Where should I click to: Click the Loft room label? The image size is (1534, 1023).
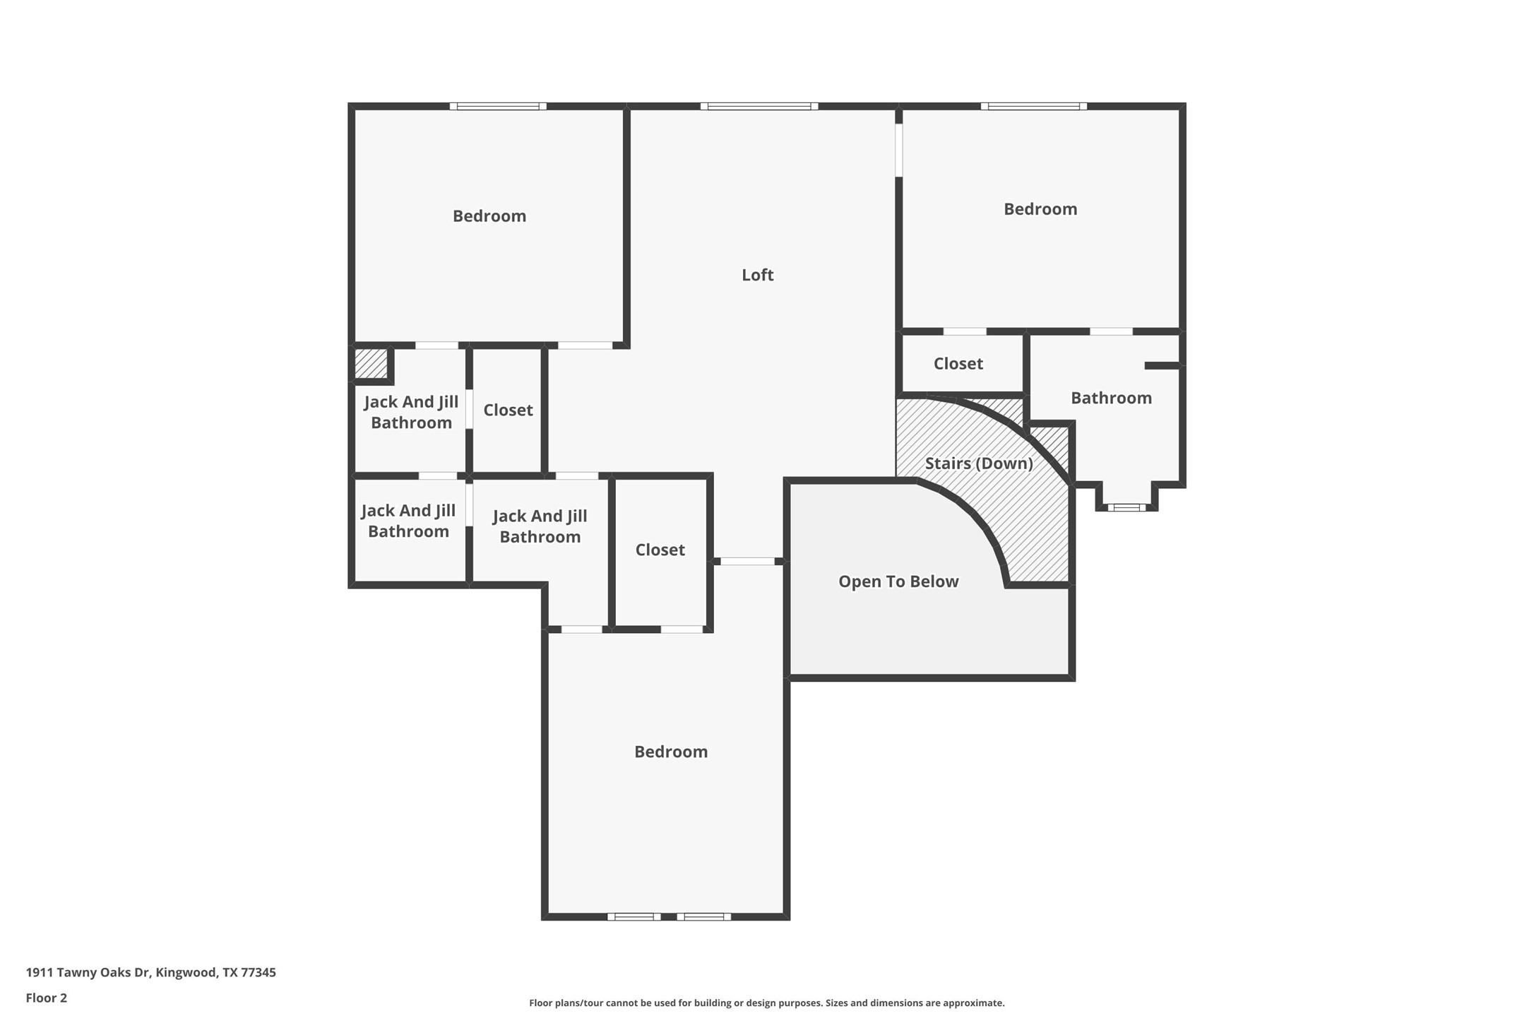(757, 275)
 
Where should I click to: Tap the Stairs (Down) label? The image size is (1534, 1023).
(978, 463)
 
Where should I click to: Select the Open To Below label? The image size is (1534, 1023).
(898, 581)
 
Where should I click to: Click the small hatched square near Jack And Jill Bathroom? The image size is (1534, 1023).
(371, 364)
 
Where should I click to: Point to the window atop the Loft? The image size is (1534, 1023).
(759, 107)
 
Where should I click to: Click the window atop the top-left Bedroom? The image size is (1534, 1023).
(498, 107)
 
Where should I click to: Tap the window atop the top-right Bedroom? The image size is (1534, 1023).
(1033, 107)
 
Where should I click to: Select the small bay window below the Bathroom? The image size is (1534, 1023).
(1126, 507)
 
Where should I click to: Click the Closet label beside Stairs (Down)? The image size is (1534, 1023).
(958, 364)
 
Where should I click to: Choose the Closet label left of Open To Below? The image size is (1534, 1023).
(660, 550)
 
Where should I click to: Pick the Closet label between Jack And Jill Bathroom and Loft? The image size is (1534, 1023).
(508, 410)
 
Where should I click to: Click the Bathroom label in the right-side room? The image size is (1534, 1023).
(1111, 398)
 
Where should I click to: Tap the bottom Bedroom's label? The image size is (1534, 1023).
(670, 752)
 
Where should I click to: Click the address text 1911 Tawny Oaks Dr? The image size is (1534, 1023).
(150, 972)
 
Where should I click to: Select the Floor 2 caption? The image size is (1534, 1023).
(47, 998)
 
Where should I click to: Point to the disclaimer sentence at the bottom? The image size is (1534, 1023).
(766, 1003)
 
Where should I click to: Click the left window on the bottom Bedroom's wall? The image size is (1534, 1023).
(634, 916)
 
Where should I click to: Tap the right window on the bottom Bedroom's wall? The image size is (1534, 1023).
(703, 916)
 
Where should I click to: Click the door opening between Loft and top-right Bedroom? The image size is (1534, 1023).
(898, 150)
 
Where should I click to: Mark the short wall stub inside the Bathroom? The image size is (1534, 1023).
(1162, 365)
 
